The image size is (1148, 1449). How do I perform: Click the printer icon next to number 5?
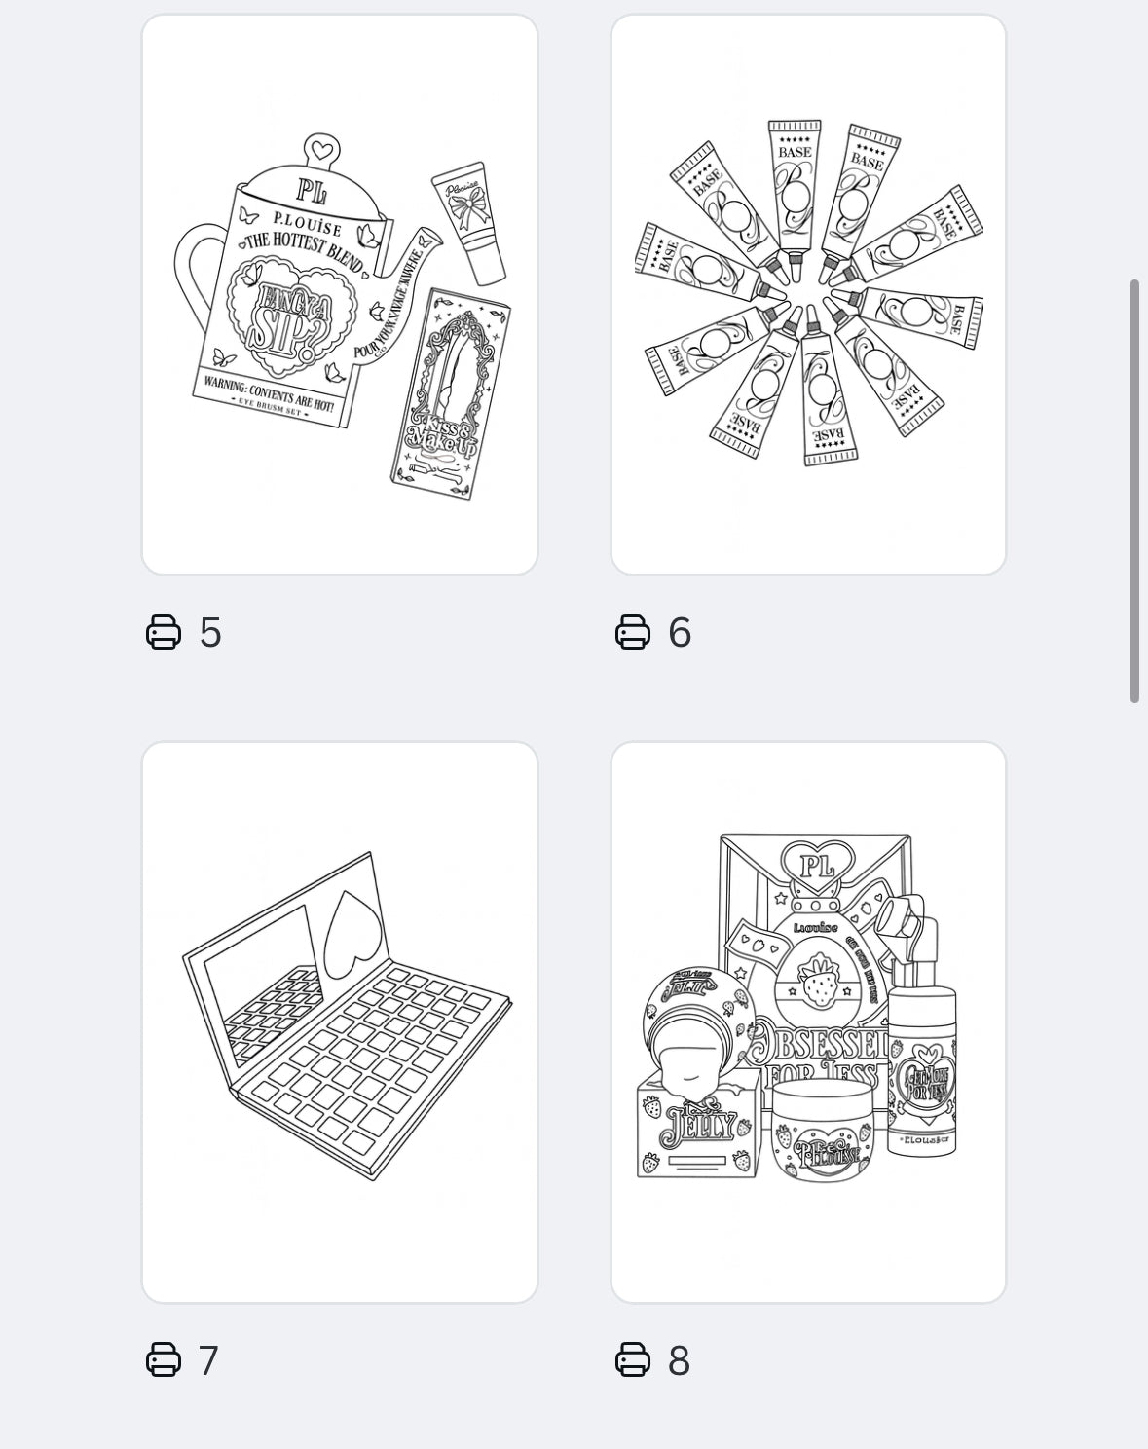tap(164, 632)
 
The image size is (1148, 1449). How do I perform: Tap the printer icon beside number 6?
tap(633, 632)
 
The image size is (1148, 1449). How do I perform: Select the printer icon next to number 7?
tap(164, 1359)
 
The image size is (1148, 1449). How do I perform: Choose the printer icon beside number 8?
tap(633, 1359)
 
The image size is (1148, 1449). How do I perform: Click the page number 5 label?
tap(210, 632)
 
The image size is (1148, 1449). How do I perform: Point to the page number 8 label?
tap(680, 1360)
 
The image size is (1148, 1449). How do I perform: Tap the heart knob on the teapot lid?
tap(320, 150)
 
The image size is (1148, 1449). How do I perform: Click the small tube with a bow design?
tap(469, 221)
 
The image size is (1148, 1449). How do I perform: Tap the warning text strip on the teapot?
tap(268, 395)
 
